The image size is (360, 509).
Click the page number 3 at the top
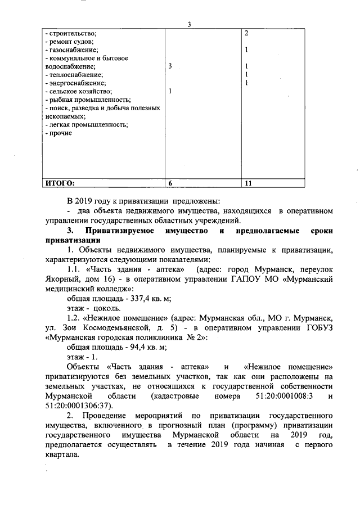click(189, 24)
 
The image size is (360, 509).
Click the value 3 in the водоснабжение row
click(170, 66)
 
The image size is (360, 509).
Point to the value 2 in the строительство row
click(246, 34)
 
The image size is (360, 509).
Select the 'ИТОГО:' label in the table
click(60, 182)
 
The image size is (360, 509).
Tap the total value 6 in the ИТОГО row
click(170, 182)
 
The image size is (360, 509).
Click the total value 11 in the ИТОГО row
click(248, 182)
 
